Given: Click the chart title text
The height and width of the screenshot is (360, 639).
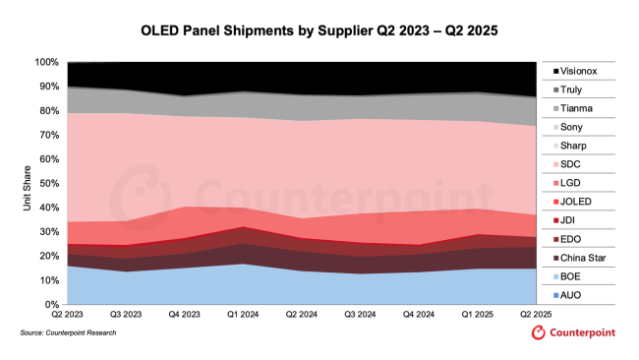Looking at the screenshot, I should (x=319, y=30).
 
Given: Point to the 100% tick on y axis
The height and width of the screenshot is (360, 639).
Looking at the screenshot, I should (x=47, y=62).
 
